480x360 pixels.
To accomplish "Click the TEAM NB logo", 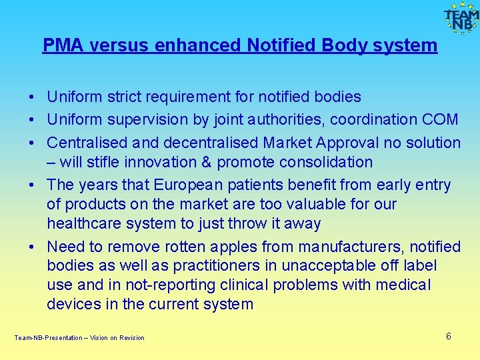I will pos(461,18).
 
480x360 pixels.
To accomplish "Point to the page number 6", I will pos(449,336).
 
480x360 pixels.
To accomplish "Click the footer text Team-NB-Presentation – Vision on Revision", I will pos(79,338).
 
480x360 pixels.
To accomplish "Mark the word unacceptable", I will pos(328,266).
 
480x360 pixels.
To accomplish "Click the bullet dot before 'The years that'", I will pos(32,185).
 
